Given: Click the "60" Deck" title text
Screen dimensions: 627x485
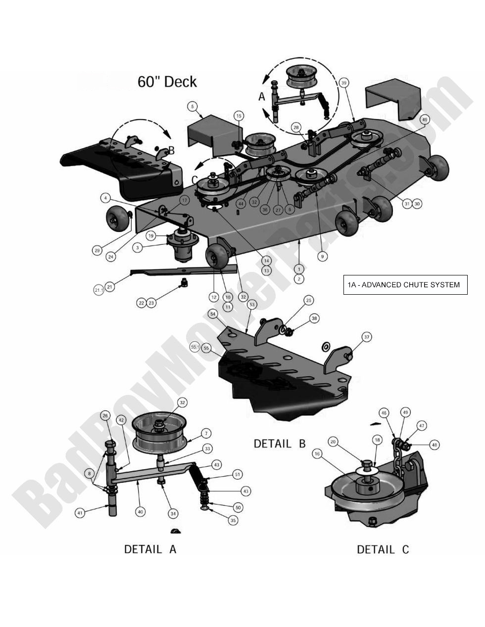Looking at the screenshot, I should click(x=167, y=82).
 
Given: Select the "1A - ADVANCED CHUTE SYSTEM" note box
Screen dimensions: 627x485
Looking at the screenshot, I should click(x=404, y=285).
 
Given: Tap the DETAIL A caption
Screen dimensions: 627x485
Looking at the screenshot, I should click(x=150, y=549).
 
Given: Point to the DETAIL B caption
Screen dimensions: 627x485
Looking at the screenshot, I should click(x=280, y=444).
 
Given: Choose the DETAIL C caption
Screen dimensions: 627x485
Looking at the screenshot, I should click(x=383, y=549).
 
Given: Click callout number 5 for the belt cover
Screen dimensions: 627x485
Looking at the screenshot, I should click(x=192, y=105).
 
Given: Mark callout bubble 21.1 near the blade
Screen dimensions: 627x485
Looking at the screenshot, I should click(x=98, y=290).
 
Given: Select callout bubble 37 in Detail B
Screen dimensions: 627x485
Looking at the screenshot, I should click(x=366, y=337).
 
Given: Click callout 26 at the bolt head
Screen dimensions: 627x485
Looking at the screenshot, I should click(x=105, y=415).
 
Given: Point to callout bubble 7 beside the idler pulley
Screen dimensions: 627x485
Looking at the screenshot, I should click(x=206, y=434).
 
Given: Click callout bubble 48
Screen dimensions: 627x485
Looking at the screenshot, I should click(x=434, y=445).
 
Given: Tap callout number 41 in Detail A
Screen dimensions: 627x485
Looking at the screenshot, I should click(x=80, y=513).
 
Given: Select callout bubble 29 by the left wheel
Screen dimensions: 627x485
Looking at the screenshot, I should click(x=97, y=251).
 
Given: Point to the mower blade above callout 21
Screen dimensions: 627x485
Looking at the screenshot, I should click(x=178, y=270).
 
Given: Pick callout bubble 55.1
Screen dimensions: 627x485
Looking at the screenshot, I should click(x=194, y=348).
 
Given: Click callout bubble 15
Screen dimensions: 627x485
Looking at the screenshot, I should click(x=239, y=116).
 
